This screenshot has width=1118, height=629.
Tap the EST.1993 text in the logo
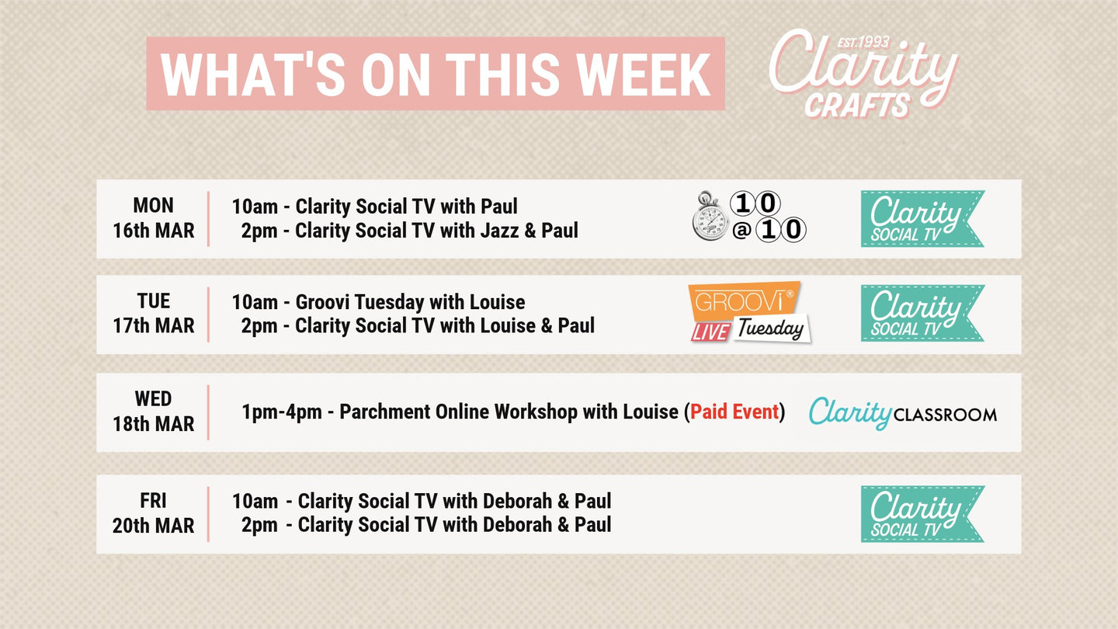point(863,42)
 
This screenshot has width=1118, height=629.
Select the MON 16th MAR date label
point(153,218)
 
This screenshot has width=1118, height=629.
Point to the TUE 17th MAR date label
point(153,314)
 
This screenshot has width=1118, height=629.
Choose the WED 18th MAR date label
point(153,412)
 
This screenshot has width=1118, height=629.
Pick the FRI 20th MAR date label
point(153,513)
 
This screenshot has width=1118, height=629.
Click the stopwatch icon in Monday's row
point(710,216)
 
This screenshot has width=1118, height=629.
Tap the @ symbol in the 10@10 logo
point(741,231)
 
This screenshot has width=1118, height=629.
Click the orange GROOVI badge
point(744,301)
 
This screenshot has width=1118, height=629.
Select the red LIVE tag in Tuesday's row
point(710,332)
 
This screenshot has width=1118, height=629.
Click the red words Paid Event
point(734,412)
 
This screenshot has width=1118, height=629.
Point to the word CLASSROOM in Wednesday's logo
point(945,415)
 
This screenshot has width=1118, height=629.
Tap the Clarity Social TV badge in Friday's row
point(922,514)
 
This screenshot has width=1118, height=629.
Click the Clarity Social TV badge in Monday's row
point(922,218)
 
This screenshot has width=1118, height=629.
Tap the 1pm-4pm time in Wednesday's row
point(282,412)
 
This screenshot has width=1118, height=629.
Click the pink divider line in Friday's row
point(208,514)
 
